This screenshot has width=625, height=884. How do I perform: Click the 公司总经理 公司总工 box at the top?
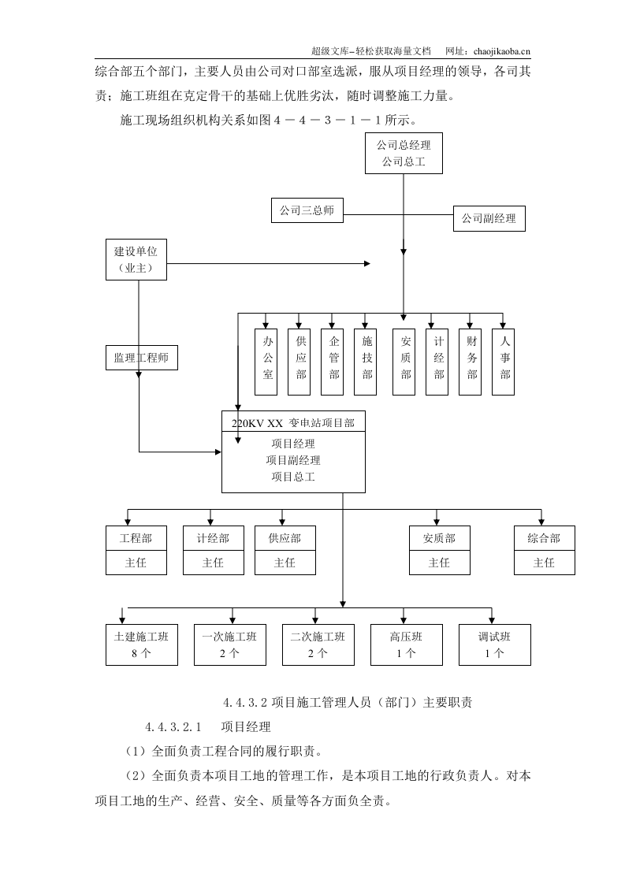point(404,154)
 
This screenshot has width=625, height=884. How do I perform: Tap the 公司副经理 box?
point(489,218)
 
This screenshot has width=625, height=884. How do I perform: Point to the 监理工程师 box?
point(141,358)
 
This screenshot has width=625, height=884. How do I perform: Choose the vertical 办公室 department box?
point(267,362)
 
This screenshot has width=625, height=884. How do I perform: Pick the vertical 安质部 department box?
point(405,362)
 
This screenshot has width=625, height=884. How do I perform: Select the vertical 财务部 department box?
point(471,362)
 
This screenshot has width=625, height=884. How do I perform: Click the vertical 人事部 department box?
point(504,362)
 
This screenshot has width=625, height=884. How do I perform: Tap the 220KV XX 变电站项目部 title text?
point(292,423)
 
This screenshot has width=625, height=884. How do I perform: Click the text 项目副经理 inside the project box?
point(293,460)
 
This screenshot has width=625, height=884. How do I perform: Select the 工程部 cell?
point(136,538)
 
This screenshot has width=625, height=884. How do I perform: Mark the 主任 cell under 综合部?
point(544,563)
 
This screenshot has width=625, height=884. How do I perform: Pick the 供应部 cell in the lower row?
point(285,538)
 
